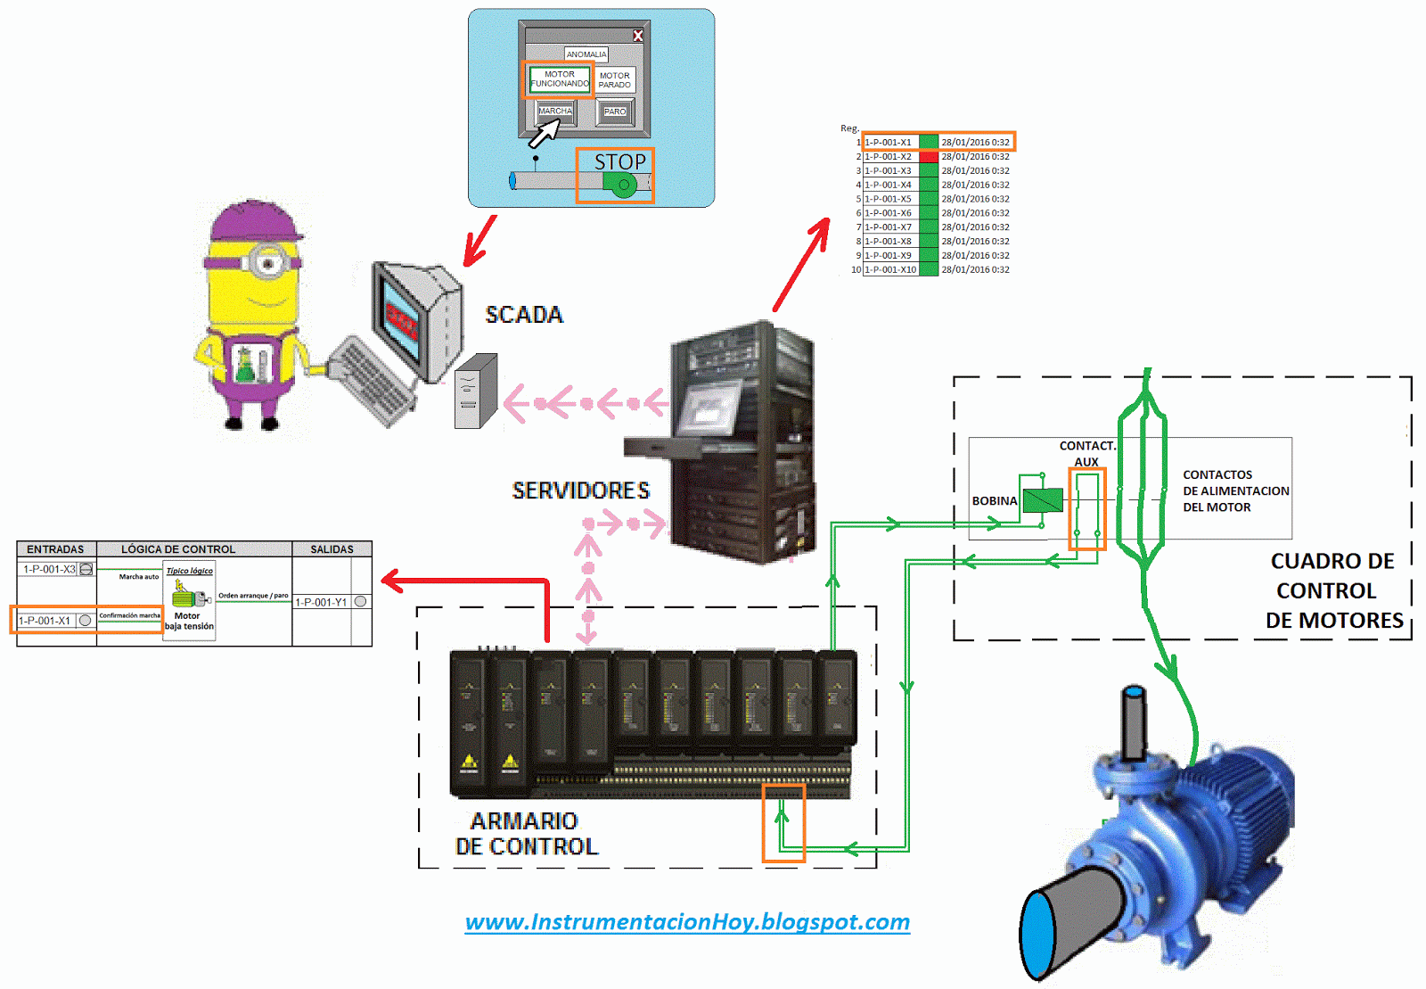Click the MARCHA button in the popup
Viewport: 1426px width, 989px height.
point(555,111)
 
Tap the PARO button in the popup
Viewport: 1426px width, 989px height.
point(615,111)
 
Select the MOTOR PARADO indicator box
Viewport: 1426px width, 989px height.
point(615,80)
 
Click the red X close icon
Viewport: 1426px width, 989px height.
point(638,36)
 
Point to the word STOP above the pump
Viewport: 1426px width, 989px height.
point(619,162)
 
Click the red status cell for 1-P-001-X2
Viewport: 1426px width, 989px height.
point(929,157)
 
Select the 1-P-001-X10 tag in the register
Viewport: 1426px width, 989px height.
point(890,269)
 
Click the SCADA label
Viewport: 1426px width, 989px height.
point(524,315)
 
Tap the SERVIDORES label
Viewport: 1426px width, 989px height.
point(581,490)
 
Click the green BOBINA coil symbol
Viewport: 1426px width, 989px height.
point(1042,500)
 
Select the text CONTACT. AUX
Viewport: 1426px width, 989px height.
point(1086,453)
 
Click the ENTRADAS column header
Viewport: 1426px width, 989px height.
point(55,549)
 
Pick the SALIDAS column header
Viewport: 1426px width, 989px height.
point(332,549)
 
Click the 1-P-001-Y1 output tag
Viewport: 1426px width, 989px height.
point(321,602)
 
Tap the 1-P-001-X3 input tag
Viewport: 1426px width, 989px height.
point(49,569)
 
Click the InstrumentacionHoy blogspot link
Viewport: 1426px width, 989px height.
point(687,921)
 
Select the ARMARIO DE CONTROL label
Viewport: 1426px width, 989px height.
point(526,833)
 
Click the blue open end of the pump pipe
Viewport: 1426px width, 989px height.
point(1038,935)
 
